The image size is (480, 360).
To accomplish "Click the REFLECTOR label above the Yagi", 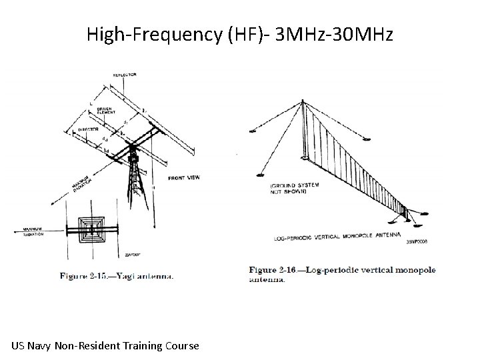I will click(x=125, y=75).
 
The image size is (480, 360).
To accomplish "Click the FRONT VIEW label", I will click(x=183, y=177).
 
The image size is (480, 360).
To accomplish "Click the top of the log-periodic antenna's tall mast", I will click(x=304, y=101).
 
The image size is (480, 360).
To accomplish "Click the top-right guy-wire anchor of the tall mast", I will click(x=367, y=139).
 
